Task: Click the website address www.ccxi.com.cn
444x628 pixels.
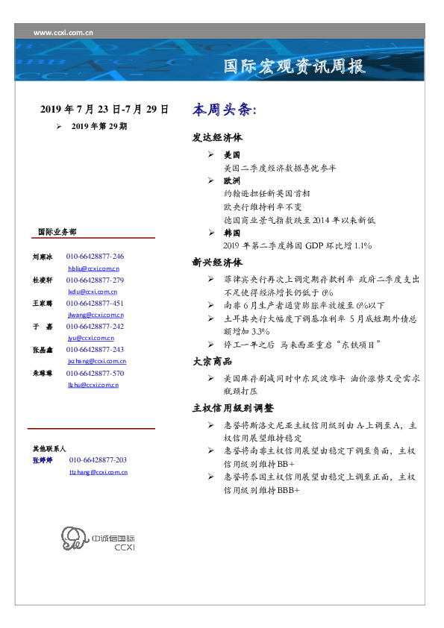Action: pyautogui.click(x=63, y=32)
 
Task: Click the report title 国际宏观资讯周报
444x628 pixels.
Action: pyautogui.click(x=296, y=66)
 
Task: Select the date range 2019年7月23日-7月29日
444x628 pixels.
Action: pyautogui.click(x=104, y=110)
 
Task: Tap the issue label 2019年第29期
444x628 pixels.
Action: pyautogui.click(x=99, y=127)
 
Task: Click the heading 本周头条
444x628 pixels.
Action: pyautogui.click(x=224, y=110)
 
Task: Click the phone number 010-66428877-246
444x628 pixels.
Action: pyautogui.click(x=95, y=256)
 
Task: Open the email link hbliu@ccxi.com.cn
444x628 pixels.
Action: pyautogui.click(x=93, y=268)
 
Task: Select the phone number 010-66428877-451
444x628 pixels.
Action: pyautogui.click(x=95, y=304)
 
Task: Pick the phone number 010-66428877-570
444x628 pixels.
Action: pyautogui.click(x=95, y=373)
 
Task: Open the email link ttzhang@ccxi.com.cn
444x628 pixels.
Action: pyautogui.click(x=96, y=473)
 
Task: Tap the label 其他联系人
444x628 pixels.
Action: pyautogui.click(x=49, y=450)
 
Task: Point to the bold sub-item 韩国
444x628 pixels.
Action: pyautogui.click(x=231, y=233)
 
